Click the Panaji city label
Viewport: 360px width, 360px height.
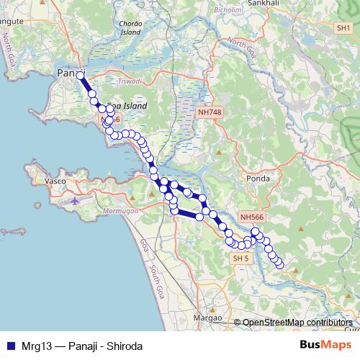[x=68, y=73]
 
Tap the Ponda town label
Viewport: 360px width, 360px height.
[x=258, y=179]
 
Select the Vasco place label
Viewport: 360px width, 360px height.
[x=55, y=181]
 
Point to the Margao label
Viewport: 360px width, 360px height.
[x=209, y=317]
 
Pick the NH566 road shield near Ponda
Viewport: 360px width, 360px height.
[x=252, y=216]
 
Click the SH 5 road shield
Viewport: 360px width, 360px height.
[x=240, y=258]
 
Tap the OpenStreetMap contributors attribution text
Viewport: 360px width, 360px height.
[x=298, y=323]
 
